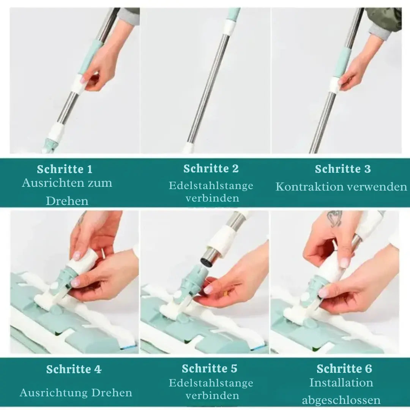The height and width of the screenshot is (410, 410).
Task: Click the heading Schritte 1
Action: point(65,169)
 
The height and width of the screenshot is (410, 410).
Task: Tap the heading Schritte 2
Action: point(211,169)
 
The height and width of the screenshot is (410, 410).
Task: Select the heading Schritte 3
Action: point(343,169)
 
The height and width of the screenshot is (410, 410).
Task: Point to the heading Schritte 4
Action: point(74,369)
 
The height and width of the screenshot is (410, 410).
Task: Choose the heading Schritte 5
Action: point(210,368)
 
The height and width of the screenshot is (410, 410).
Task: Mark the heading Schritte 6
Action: point(344,369)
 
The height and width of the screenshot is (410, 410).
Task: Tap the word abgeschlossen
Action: point(341,401)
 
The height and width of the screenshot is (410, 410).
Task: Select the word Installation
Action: point(341,383)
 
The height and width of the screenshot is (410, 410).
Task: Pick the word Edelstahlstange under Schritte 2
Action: point(211,186)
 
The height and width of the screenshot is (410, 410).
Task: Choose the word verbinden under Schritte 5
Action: point(212,395)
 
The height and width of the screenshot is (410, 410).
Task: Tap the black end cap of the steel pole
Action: point(206,262)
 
